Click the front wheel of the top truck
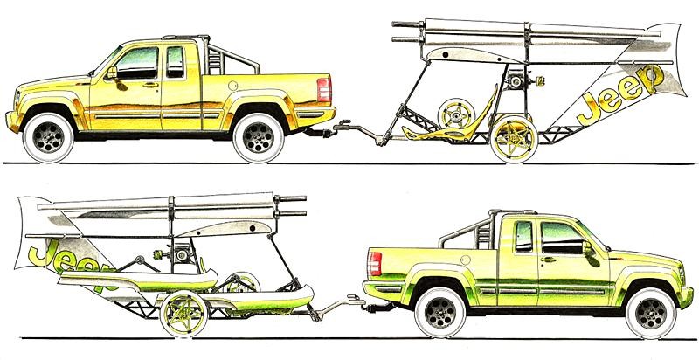click(x=48, y=137)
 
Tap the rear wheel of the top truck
click(x=258, y=138)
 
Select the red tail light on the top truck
click(x=324, y=89)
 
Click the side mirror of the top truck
click(x=112, y=73)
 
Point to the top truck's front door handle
click(x=150, y=85)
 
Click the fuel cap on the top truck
click(x=232, y=86)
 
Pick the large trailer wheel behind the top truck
click(x=514, y=139)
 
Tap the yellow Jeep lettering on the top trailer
click(x=619, y=95)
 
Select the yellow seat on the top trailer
click(x=450, y=121)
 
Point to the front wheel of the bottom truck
click(x=651, y=313)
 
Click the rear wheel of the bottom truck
click(x=440, y=313)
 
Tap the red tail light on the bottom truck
click(x=375, y=264)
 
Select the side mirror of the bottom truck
click(x=587, y=248)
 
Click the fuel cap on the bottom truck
click(x=466, y=260)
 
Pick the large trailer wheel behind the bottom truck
click(x=183, y=313)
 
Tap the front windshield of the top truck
click(x=106, y=60)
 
